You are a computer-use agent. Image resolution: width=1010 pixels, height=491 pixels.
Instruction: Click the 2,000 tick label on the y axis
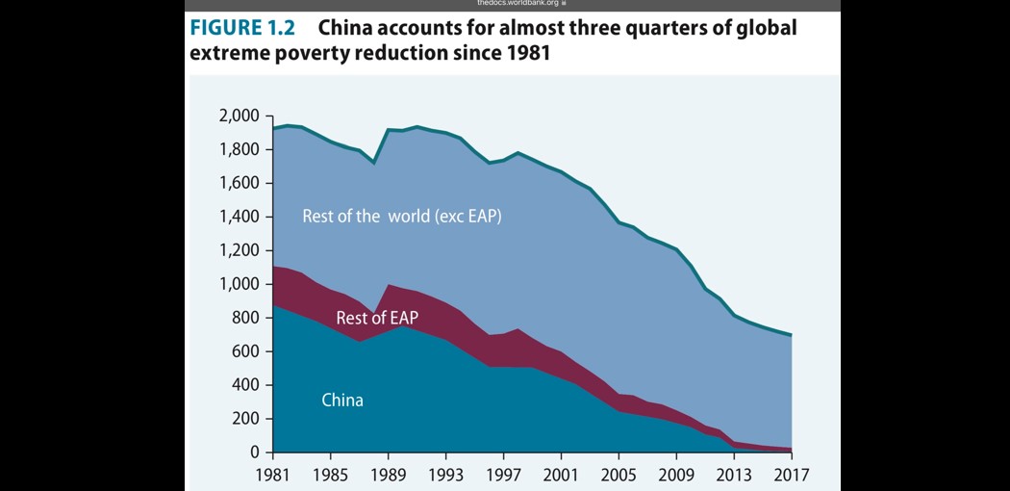point(240,116)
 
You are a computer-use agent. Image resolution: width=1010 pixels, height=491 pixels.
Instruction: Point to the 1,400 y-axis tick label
point(240,217)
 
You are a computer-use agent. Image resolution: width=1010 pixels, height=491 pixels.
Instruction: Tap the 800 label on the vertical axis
point(246,318)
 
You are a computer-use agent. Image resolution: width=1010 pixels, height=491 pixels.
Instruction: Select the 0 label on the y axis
point(254,452)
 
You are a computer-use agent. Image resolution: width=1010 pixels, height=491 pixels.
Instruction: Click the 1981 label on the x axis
point(274,474)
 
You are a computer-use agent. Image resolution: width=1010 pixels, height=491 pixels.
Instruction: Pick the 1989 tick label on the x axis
point(388,474)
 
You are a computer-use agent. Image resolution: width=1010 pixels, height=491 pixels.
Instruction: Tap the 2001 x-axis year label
point(561,474)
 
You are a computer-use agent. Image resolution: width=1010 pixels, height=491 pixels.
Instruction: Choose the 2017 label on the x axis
point(791,474)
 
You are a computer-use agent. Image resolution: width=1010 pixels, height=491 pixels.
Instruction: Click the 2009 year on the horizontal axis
point(676,474)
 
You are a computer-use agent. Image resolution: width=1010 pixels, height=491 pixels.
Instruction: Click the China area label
point(342,400)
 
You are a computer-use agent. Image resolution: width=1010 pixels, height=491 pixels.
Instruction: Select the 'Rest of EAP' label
point(377,318)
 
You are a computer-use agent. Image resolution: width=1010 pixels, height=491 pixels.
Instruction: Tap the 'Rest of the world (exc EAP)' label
point(402,216)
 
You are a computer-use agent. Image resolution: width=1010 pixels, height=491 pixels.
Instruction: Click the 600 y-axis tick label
point(246,351)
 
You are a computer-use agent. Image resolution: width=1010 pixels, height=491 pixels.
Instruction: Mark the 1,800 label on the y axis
point(240,150)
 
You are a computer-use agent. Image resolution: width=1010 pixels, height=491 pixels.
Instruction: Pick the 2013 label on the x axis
point(734,474)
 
